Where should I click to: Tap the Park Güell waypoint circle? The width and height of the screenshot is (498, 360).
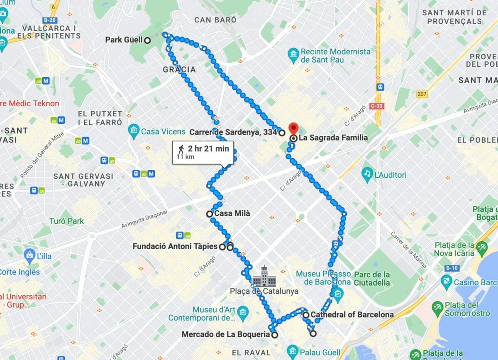click(x=147, y=40)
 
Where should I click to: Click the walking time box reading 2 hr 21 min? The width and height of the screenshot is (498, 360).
click(x=203, y=152)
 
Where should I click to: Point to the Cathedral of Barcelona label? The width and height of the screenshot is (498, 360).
click(x=352, y=315)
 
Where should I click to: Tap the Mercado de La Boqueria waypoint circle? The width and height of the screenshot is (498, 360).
click(x=274, y=335)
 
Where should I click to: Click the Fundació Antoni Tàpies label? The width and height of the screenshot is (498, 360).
click(x=175, y=247)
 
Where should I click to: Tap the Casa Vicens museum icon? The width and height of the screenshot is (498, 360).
click(x=133, y=131)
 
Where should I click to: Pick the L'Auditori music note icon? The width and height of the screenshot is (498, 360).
click(x=366, y=175)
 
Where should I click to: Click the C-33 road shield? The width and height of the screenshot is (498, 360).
click(x=377, y=106)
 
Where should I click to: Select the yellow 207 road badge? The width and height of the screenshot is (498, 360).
click(x=422, y=94)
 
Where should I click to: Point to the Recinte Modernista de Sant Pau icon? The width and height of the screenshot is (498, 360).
click(x=293, y=54)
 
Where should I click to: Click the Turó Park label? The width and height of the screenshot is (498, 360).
click(x=66, y=221)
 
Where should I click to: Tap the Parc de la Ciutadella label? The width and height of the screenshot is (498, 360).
click(x=372, y=279)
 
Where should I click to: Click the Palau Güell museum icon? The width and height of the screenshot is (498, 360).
click(x=293, y=351)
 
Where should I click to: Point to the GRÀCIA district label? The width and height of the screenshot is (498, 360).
click(x=180, y=69)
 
